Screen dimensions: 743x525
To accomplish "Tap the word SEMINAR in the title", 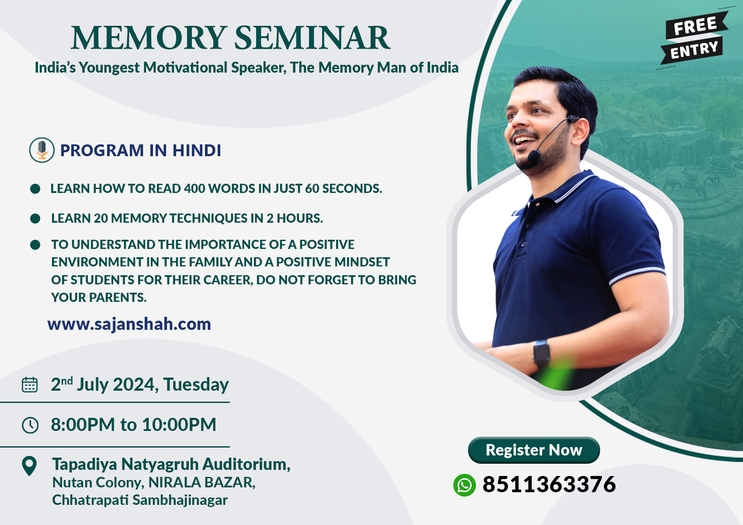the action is coord(312,38).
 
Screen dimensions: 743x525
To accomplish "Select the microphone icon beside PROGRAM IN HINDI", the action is coord(42,150).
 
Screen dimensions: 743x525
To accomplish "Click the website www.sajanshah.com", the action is coord(129,324).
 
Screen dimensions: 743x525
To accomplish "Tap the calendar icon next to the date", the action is coord(30,385).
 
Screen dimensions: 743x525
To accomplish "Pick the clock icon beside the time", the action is coord(30,425).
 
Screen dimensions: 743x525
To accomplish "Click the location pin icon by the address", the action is coord(29,466).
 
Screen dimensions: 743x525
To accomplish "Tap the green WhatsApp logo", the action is coord(464,485).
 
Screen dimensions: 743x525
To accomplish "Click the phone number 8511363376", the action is coord(549,484).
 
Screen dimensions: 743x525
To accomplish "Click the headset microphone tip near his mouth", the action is coord(534,157).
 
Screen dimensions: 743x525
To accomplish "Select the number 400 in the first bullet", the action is coord(194,189).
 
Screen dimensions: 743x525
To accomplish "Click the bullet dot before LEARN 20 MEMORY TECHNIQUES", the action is coord(35,218).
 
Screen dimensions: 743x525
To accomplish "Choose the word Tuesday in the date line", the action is coord(196,385).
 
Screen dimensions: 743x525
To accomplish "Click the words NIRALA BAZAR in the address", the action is coord(201,483).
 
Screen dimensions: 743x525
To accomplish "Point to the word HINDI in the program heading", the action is coord(196,150).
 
